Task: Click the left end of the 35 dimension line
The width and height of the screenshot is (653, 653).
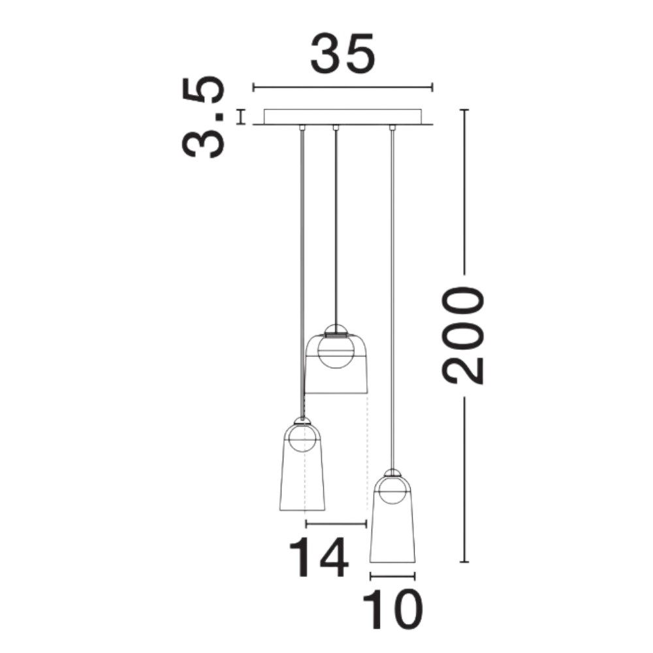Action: point(253,88)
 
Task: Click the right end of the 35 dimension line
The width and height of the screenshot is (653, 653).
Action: point(433,88)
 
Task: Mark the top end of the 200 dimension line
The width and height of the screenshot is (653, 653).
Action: point(464,110)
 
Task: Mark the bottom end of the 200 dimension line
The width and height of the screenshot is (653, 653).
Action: point(464,562)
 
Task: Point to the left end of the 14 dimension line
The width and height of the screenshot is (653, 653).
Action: point(306,524)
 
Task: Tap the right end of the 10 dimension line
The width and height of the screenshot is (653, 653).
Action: point(415,577)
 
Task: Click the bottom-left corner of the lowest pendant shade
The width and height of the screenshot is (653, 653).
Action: point(370,562)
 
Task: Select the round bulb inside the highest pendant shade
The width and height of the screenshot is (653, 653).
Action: point(336,350)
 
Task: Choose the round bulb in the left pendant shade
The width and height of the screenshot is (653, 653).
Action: point(302,438)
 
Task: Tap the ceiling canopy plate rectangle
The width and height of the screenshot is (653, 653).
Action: point(343,117)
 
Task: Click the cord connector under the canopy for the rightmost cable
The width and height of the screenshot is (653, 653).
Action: point(391,127)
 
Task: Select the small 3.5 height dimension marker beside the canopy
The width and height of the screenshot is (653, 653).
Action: point(240,117)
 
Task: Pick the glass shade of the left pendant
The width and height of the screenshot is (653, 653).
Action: point(302,466)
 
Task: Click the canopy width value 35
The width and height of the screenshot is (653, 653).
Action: point(343,54)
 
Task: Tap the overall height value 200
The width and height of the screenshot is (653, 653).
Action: point(463,336)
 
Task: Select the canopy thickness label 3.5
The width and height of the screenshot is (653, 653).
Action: point(203,117)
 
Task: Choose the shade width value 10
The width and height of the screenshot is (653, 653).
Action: point(392,609)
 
